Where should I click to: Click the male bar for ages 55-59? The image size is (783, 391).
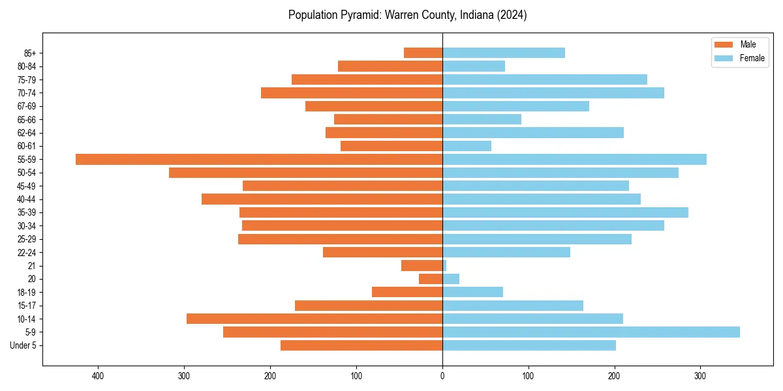(x=259, y=159)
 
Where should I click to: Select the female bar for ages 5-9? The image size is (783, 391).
(x=591, y=332)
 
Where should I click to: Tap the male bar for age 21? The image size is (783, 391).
(x=422, y=265)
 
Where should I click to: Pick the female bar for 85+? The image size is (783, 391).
(x=504, y=53)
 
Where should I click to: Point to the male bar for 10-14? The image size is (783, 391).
(x=315, y=319)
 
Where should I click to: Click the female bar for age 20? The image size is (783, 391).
(x=451, y=279)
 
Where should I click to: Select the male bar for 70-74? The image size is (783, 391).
(x=352, y=93)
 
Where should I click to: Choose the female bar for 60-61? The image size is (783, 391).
(x=467, y=146)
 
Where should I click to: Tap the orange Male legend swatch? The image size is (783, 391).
(x=724, y=44)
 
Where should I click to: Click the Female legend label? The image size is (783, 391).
(x=752, y=58)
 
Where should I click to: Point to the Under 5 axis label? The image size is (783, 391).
(x=23, y=345)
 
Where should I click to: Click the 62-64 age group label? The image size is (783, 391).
(x=27, y=132)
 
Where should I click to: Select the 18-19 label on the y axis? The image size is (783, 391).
(x=27, y=292)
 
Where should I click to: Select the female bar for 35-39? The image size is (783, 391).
(x=565, y=212)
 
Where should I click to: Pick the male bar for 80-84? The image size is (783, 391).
(x=390, y=66)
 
